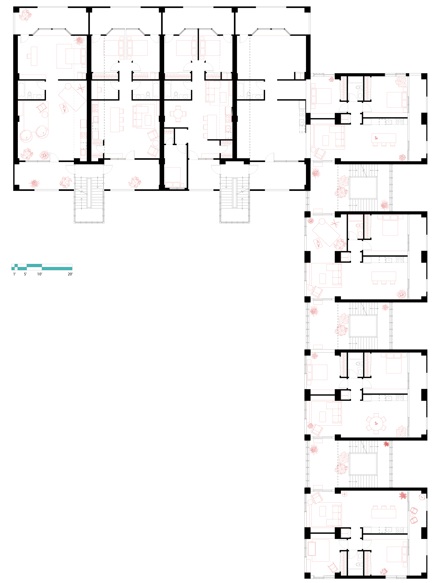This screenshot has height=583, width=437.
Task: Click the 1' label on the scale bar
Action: pos(15,274)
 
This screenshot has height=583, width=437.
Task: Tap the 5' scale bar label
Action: pos(25,274)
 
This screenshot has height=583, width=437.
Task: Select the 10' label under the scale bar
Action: pos(39,274)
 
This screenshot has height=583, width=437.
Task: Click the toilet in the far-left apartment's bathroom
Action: pos(29,94)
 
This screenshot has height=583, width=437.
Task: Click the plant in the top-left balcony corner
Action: pos(26,15)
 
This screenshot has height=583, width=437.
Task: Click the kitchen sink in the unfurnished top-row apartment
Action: pos(301,122)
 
